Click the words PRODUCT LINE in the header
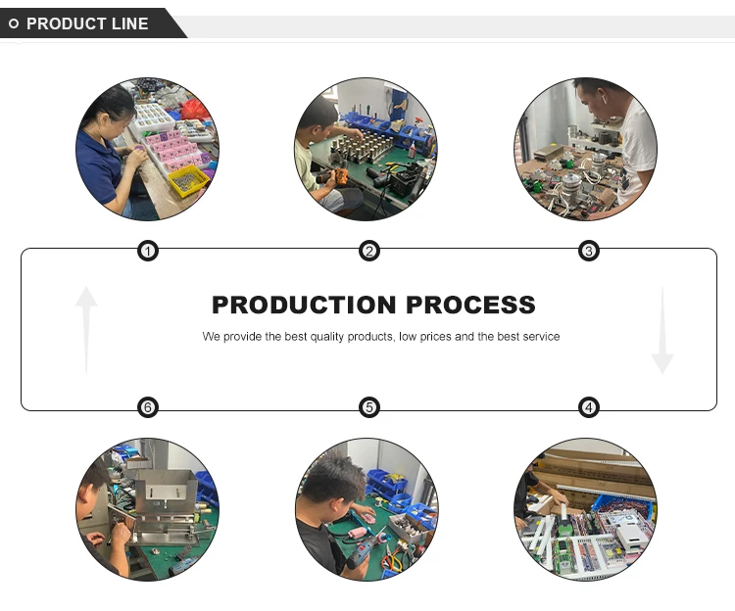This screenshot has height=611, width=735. pyautogui.click(x=87, y=23)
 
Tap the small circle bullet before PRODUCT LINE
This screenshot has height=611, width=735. pyautogui.click(x=14, y=23)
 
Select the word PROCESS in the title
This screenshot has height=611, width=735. pyautogui.click(x=471, y=305)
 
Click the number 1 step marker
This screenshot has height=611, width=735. pyautogui.click(x=147, y=252)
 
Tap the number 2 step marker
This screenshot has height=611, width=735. pyautogui.click(x=368, y=252)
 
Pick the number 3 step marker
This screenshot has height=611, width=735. pyautogui.click(x=588, y=252)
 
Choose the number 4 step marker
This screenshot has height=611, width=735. pyautogui.click(x=588, y=407)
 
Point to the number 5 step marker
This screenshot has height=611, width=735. pyautogui.click(x=368, y=407)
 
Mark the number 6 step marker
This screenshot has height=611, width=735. pyautogui.click(x=147, y=407)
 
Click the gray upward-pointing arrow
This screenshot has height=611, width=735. pyautogui.click(x=86, y=328)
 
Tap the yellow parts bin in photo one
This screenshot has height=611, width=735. pyautogui.click(x=187, y=179)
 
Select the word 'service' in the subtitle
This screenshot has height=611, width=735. pyautogui.click(x=541, y=337)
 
